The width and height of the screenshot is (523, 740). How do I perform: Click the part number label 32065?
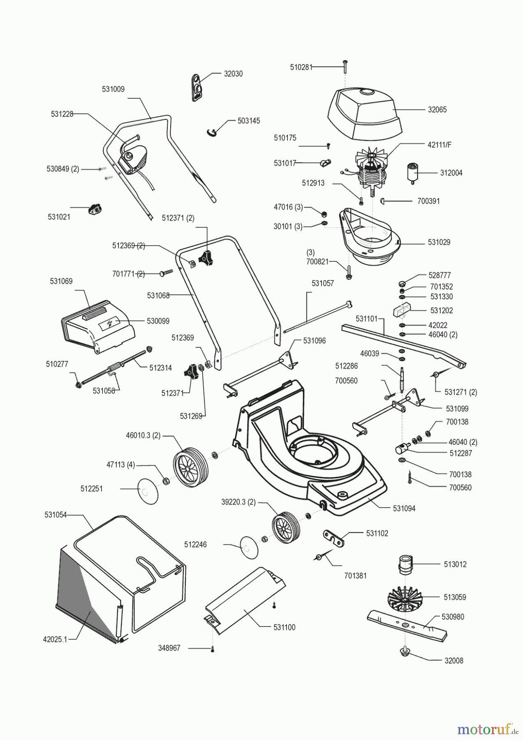tap(437, 110)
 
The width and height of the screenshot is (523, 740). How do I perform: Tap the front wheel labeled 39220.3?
tap(285, 528)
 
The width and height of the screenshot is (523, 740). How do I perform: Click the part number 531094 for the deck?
tap(404, 509)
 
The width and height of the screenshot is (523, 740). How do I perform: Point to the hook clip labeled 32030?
tap(198, 87)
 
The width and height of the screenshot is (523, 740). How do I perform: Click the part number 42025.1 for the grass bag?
tap(55, 639)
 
